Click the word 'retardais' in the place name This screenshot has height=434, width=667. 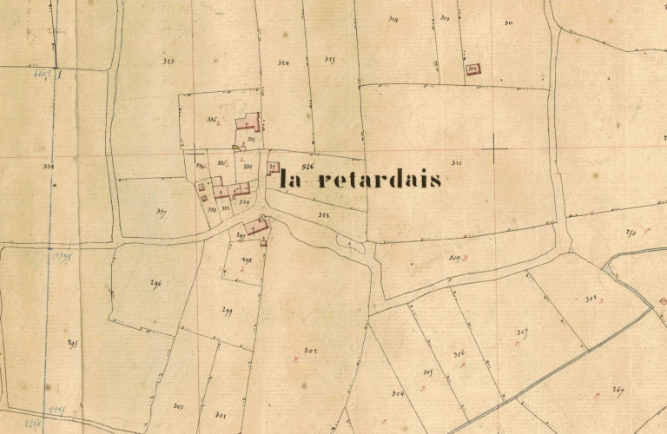coord(380,181)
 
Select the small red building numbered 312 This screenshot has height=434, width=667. coord(473,68)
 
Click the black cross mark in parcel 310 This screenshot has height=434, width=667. coord(493,153)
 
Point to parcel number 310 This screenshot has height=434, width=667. coord(457,162)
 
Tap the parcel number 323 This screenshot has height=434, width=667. coord(168,62)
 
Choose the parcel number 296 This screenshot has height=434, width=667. coord(156,283)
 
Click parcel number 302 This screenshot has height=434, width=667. coord(310,350)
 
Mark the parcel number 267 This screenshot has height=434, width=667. coord(617,390)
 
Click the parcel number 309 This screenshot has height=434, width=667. coord(453,258)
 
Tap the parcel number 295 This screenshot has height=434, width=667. coord(73,344)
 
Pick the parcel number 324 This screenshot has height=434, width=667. coord(284,63)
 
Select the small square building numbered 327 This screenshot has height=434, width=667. coord(272,168)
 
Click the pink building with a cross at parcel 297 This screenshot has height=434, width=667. coord(257,226)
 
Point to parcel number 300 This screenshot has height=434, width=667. coord(178,406)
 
